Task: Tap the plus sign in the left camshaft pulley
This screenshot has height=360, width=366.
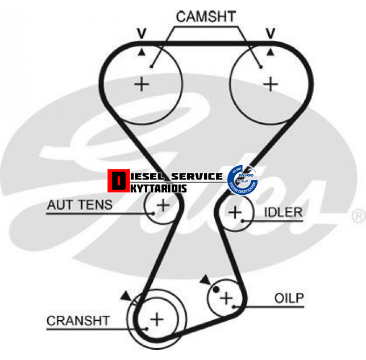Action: pyautogui.click(x=142, y=85)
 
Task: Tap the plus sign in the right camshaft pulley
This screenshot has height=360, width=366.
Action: pyautogui.click(x=271, y=85)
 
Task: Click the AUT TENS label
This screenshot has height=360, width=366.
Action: pyautogui.click(x=80, y=204)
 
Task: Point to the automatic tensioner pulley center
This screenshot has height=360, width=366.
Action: pyautogui.click(x=163, y=205)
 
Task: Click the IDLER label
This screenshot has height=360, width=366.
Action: pyautogui.click(x=283, y=212)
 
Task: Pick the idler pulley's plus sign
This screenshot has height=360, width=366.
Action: pyautogui.click(x=235, y=212)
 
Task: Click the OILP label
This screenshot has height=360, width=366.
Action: pyautogui.click(x=289, y=298)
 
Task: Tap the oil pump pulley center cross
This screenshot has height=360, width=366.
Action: pyautogui.click(x=226, y=298)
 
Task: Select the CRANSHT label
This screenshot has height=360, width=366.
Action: pyautogui.click(x=78, y=321)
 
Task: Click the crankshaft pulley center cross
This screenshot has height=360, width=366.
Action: pyautogui.click(x=156, y=319)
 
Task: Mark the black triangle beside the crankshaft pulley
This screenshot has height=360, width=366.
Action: pyautogui.click(x=125, y=295)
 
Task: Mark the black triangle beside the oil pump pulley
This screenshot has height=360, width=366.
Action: pyautogui.click(x=204, y=279)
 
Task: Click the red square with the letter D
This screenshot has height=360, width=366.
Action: pyautogui.click(x=118, y=181)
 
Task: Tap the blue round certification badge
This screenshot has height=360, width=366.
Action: pyautogui.click(x=243, y=178)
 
